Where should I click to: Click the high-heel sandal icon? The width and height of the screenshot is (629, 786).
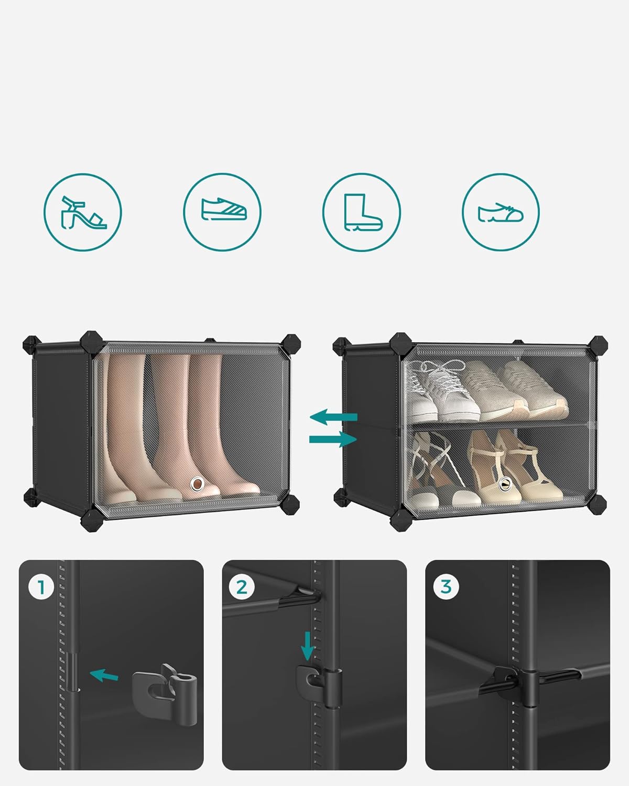click(x=83, y=212)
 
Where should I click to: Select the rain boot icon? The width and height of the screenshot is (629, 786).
click(x=362, y=212)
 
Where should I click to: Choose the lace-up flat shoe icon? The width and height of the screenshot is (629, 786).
click(x=501, y=212)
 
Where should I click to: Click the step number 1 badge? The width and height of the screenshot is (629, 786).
click(x=42, y=587)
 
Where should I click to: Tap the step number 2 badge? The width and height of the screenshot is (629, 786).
click(x=242, y=587)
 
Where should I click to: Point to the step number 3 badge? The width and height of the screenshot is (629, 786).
click(x=446, y=587)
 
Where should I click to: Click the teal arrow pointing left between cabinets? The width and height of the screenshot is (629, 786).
click(x=333, y=418)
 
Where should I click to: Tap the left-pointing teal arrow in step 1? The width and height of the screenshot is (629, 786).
click(x=104, y=675)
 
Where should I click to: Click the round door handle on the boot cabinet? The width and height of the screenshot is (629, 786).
click(x=197, y=483)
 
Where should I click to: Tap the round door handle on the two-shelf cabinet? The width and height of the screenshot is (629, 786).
click(x=505, y=484)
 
